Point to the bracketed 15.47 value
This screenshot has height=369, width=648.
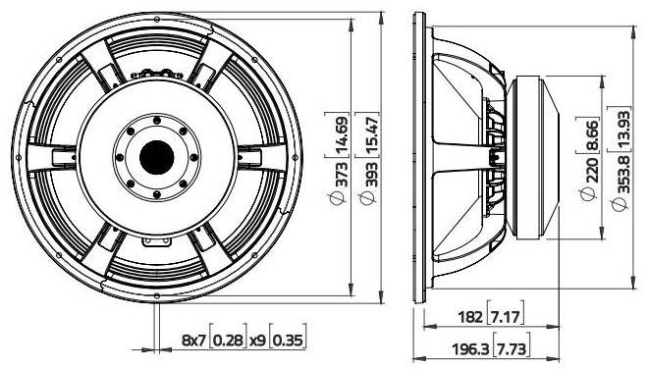tap(371, 140)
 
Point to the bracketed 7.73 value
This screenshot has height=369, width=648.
tap(511, 349)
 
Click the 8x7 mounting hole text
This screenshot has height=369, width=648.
tap(194, 341)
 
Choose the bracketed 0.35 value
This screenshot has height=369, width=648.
tap(287, 341)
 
